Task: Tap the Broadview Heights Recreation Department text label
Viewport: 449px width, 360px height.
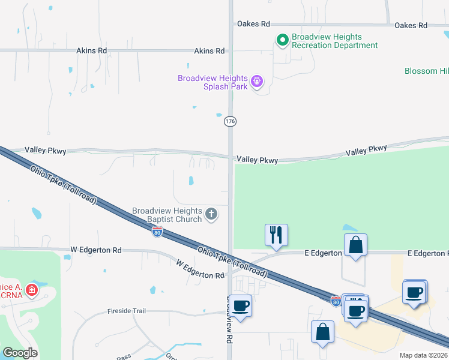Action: click(334, 41)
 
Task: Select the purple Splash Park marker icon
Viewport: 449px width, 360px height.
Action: click(257, 80)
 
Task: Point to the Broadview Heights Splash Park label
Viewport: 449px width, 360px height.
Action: click(212, 83)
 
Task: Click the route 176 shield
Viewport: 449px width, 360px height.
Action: click(230, 121)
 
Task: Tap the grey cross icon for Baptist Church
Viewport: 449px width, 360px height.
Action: click(211, 214)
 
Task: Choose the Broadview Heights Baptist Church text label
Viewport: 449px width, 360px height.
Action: click(167, 215)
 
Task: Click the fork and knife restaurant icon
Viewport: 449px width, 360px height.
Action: click(276, 235)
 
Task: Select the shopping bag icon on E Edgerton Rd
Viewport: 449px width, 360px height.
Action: click(355, 245)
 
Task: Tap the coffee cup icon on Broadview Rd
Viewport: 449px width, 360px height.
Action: click(241, 306)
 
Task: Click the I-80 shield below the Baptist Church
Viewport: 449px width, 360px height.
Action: click(157, 232)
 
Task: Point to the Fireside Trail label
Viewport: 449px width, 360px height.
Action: click(127, 311)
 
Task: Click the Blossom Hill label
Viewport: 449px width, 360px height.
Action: click(429, 71)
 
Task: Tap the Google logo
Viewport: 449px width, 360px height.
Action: click(20, 352)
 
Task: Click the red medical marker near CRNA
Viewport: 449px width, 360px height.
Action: click(31, 291)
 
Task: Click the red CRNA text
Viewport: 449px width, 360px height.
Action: click(11, 295)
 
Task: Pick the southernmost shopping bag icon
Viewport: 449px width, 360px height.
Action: click(322, 332)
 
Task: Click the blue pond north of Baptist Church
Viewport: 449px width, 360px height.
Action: click(191, 180)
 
